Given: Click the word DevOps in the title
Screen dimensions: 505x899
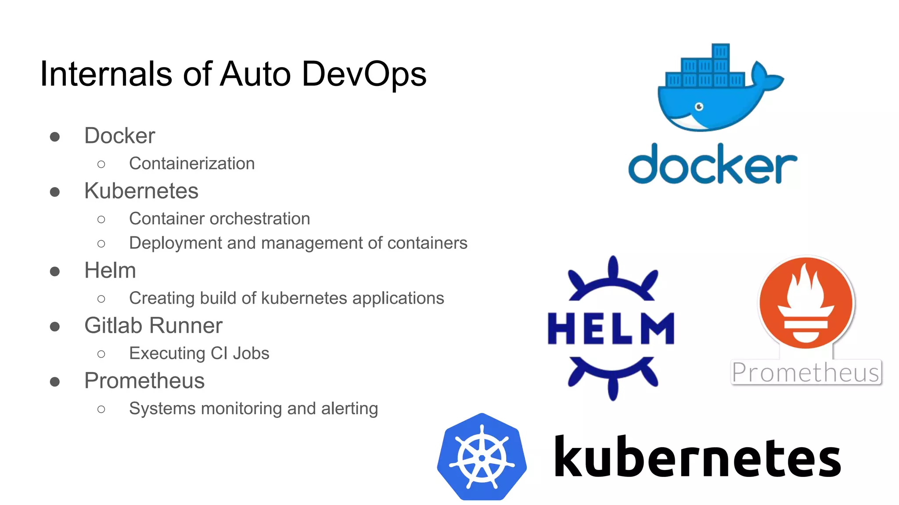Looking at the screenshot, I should point(364,74).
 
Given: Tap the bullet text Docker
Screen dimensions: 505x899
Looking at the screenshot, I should point(119,136).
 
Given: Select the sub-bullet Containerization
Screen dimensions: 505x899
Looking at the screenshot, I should point(192,164).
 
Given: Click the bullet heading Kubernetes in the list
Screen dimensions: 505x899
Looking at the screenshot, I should point(141,191).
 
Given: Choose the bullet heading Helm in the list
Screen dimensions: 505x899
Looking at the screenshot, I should point(110,270).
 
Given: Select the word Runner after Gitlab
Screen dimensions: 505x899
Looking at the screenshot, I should point(186,326).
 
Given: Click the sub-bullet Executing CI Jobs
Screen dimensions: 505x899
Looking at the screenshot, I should point(199,353).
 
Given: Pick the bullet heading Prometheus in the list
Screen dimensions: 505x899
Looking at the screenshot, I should point(144,381).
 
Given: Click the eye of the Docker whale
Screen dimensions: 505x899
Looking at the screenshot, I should point(699,107).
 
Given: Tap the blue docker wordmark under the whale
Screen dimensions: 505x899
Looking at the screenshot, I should point(712,165).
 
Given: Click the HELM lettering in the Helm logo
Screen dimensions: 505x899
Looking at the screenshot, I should point(611,328).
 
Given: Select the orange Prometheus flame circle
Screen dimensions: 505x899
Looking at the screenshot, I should point(806,302).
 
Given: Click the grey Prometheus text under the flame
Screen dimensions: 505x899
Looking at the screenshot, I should point(806,373).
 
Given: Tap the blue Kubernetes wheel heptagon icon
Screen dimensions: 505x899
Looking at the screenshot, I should point(482,457).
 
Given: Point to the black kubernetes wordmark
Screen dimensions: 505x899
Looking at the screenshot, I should point(697,457).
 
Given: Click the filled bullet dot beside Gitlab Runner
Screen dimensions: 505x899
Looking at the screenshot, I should point(55,327).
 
